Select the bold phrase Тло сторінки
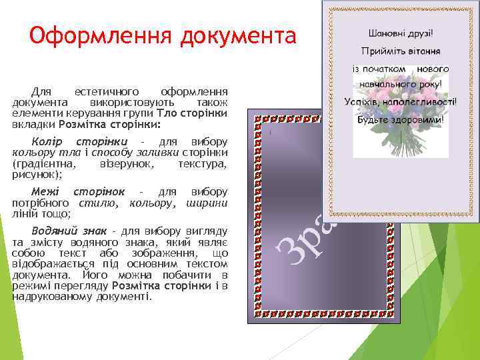[191, 114]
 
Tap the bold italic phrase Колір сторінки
[79, 142]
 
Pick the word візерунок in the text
[126, 163]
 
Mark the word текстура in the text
[203, 163]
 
